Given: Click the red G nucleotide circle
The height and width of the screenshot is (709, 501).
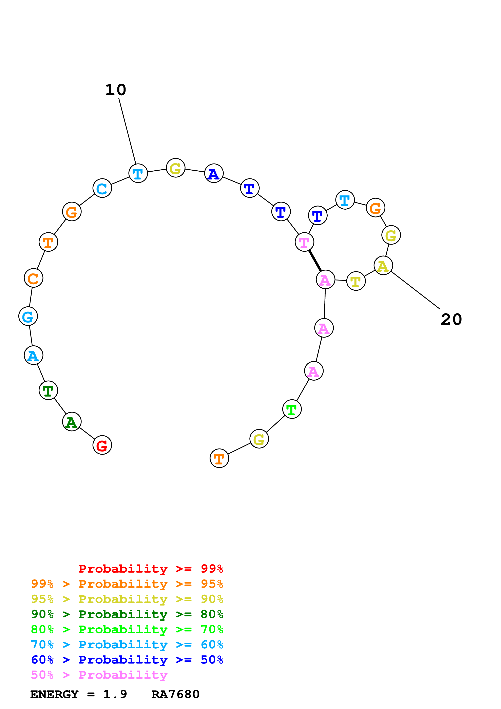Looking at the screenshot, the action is pyautogui.click(x=102, y=445).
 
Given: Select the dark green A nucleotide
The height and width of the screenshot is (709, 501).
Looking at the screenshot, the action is pyautogui.click(x=72, y=422).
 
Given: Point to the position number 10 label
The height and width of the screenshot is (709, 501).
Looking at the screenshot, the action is pyautogui.click(x=116, y=90).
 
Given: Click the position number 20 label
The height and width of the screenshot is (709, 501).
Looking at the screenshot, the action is pyautogui.click(x=451, y=320).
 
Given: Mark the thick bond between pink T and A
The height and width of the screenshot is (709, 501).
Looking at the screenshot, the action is pyautogui.click(x=315, y=261).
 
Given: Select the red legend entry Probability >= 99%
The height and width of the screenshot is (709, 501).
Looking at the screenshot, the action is pyautogui.click(x=151, y=569).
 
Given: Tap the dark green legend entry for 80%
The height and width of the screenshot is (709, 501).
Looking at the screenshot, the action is pyautogui.click(x=127, y=614).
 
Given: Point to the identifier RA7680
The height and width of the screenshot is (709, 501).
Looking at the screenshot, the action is pyautogui.click(x=175, y=694).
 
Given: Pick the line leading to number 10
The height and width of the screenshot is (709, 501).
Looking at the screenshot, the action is pyautogui.click(x=127, y=131).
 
